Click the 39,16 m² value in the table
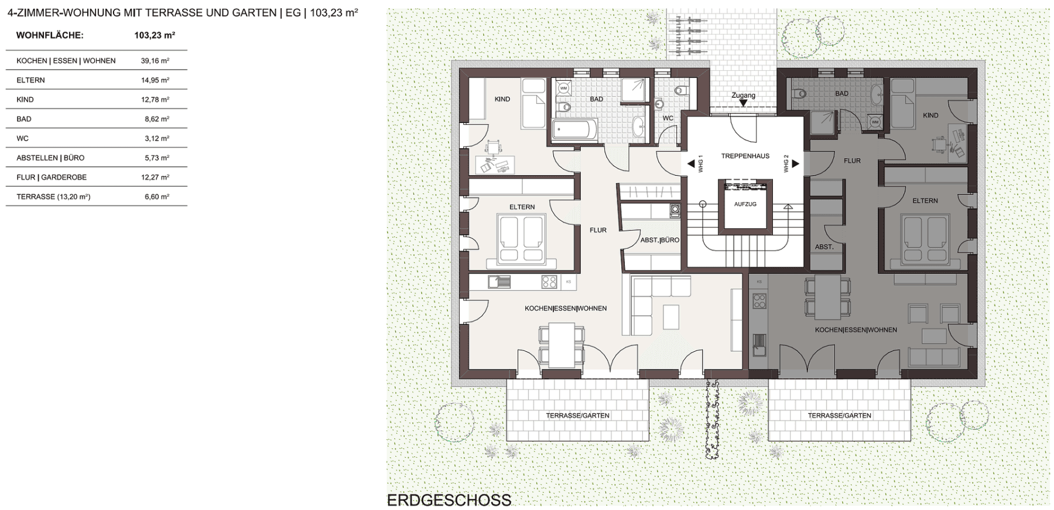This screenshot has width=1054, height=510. click(155, 61)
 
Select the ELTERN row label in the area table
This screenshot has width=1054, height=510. click(30, 80)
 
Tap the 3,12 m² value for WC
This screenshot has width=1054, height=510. click(156, 139)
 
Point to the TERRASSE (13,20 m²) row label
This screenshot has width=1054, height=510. click(53, 197)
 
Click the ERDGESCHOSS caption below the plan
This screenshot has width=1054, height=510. click(449, 501)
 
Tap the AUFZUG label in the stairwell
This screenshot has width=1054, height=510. click(745, 204)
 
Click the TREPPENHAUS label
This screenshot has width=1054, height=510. click(745, 156)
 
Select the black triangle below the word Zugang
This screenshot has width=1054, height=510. click(743, 104)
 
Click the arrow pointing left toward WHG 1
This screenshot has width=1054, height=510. click(691, 164)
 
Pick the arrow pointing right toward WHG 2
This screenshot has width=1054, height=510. click(796, 164)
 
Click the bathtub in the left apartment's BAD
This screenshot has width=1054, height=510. click(574, 129)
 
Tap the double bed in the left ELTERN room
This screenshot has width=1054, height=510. click(521, 238)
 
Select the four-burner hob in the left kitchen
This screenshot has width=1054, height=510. click(549, 282)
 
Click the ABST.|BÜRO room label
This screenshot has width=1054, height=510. click(659, 240)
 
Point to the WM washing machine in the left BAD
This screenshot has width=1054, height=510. click(563, 88)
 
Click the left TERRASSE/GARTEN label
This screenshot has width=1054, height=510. click(577, 416)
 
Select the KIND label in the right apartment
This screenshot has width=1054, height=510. click(930, 115)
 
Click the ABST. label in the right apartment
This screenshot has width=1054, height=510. click(824, 247)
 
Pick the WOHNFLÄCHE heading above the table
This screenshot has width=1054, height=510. click(50, 36)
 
